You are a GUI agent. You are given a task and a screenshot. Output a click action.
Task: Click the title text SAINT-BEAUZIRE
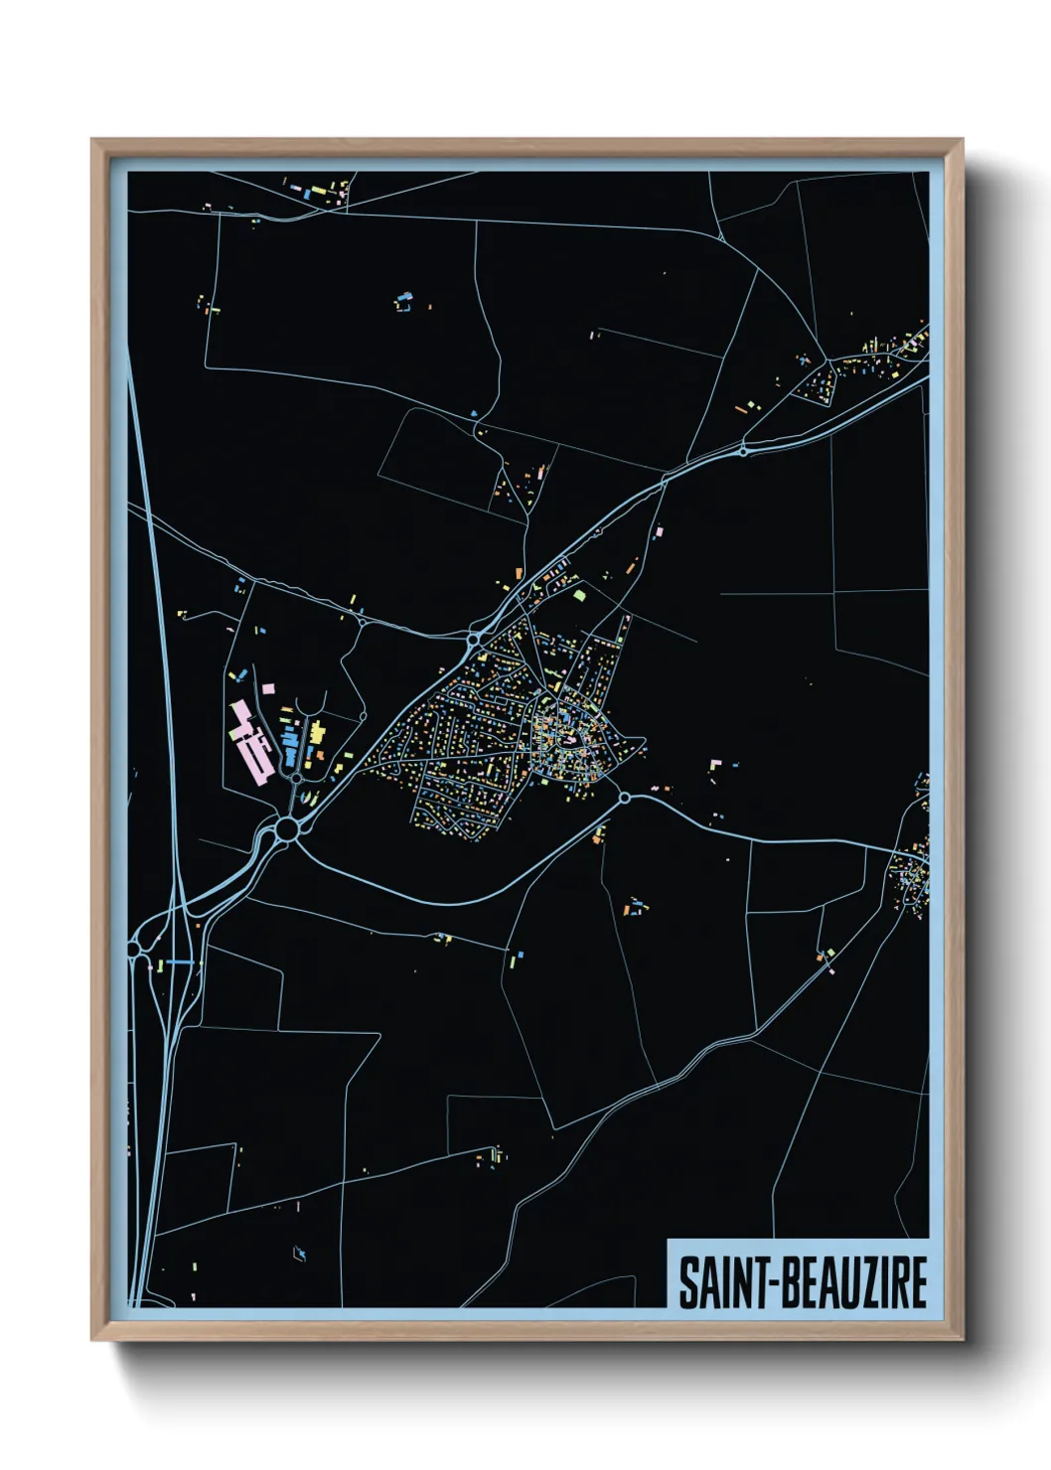tap(803, 1282)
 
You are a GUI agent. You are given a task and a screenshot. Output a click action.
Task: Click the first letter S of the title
tap(688, 1282)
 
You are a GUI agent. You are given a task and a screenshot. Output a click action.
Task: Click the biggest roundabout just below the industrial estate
tap(287, 828)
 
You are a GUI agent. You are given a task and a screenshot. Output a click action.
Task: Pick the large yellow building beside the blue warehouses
tap(318, 733)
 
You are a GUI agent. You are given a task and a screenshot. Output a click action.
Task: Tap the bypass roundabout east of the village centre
tap(624, 798)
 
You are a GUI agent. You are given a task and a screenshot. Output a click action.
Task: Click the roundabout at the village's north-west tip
tap(475, 640)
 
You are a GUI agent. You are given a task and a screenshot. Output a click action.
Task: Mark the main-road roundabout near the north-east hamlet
tap(743, 452)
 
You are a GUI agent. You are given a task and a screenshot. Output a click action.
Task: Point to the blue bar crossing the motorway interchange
tap(180, 961)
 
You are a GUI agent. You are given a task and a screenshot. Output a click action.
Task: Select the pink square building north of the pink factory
tap(267, 687)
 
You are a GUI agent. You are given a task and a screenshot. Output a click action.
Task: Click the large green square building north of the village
tap(580, 595)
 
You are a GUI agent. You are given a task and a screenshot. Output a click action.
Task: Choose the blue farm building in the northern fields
tap(403, 296)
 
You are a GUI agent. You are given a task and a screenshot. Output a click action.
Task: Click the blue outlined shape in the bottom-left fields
tap(299, 1253)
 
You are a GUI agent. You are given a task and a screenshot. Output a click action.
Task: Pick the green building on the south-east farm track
tap(830, 954)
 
